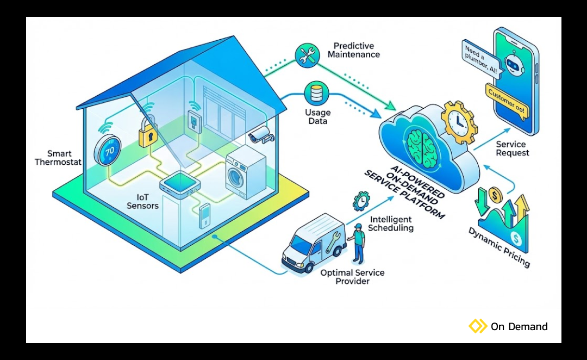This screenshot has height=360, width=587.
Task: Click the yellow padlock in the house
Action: click(147, 134)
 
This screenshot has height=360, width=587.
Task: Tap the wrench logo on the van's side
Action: click(332, 243)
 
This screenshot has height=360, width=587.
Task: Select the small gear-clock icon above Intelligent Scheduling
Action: click(360, 201)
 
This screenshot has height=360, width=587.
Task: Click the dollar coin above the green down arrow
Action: click(495, 194)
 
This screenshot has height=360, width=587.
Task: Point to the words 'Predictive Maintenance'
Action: click(354, 50)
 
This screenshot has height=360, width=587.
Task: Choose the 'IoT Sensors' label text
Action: click(143, 201)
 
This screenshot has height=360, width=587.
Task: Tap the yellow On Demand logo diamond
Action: click(478, 326)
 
